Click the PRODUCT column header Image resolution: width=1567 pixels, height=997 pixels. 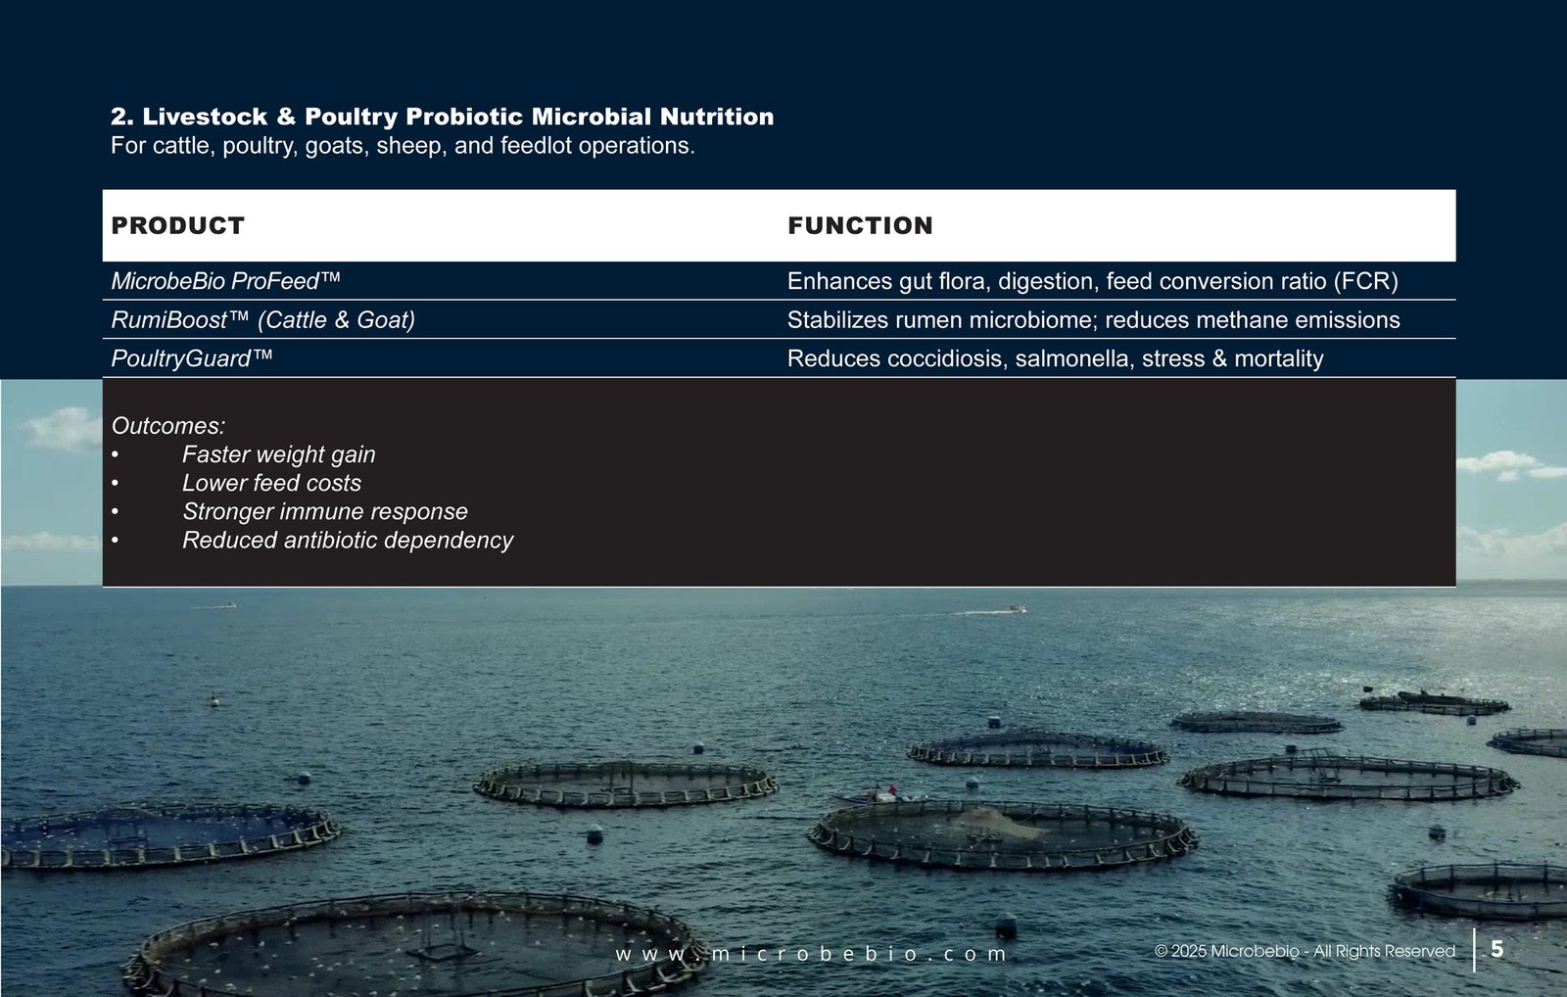pos(177,225)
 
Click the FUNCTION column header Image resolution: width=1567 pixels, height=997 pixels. pos(860,225)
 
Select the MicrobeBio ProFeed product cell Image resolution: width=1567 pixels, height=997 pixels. pos(225,281)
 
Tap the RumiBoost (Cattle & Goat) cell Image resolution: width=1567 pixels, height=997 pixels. pos(263,319)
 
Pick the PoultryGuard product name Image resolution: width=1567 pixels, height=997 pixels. pos(192,358)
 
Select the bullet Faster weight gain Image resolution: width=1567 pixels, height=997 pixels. pos(278,454)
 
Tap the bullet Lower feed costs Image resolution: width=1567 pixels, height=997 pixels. pos(271,483)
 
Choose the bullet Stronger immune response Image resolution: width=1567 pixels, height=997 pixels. pos(324,511)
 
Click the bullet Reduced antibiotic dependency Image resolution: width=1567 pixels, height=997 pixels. pos(347,541)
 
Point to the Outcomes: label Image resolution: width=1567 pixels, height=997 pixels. pos(167,425)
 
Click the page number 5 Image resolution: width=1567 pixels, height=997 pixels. pos(1497,949)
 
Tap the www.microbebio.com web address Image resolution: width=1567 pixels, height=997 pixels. pos(811,954)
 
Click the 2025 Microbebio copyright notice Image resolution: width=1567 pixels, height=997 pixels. pos(1305,951)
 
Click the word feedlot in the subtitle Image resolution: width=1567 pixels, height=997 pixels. pos(536,146)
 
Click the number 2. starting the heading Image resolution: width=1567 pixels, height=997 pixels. pos(121,117)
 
